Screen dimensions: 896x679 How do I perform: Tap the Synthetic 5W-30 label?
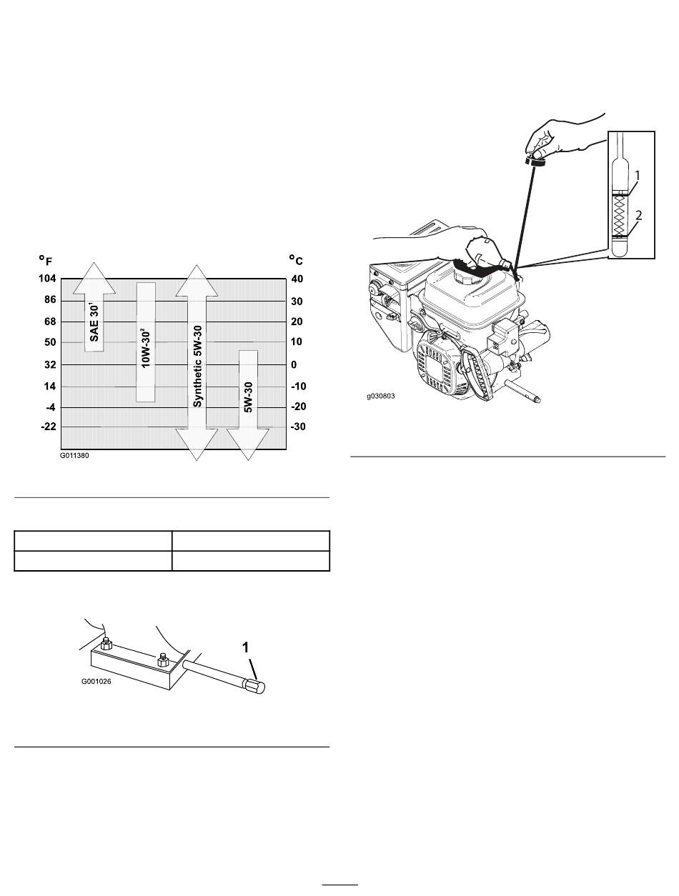(197, 364)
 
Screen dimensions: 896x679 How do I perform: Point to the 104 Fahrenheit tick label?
(47, 279)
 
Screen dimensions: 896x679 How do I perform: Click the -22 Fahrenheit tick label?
(48, 427)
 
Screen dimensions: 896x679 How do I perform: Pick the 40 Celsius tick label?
(297, 279)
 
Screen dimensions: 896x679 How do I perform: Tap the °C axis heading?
(297, 259)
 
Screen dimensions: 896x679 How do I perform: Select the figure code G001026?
(96, 682)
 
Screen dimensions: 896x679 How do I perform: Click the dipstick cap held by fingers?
(535, 161)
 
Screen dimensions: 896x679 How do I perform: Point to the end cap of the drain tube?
(258, 687)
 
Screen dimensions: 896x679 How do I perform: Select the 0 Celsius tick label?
(292, 364)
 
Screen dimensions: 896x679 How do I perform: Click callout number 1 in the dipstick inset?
(638, 173)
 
